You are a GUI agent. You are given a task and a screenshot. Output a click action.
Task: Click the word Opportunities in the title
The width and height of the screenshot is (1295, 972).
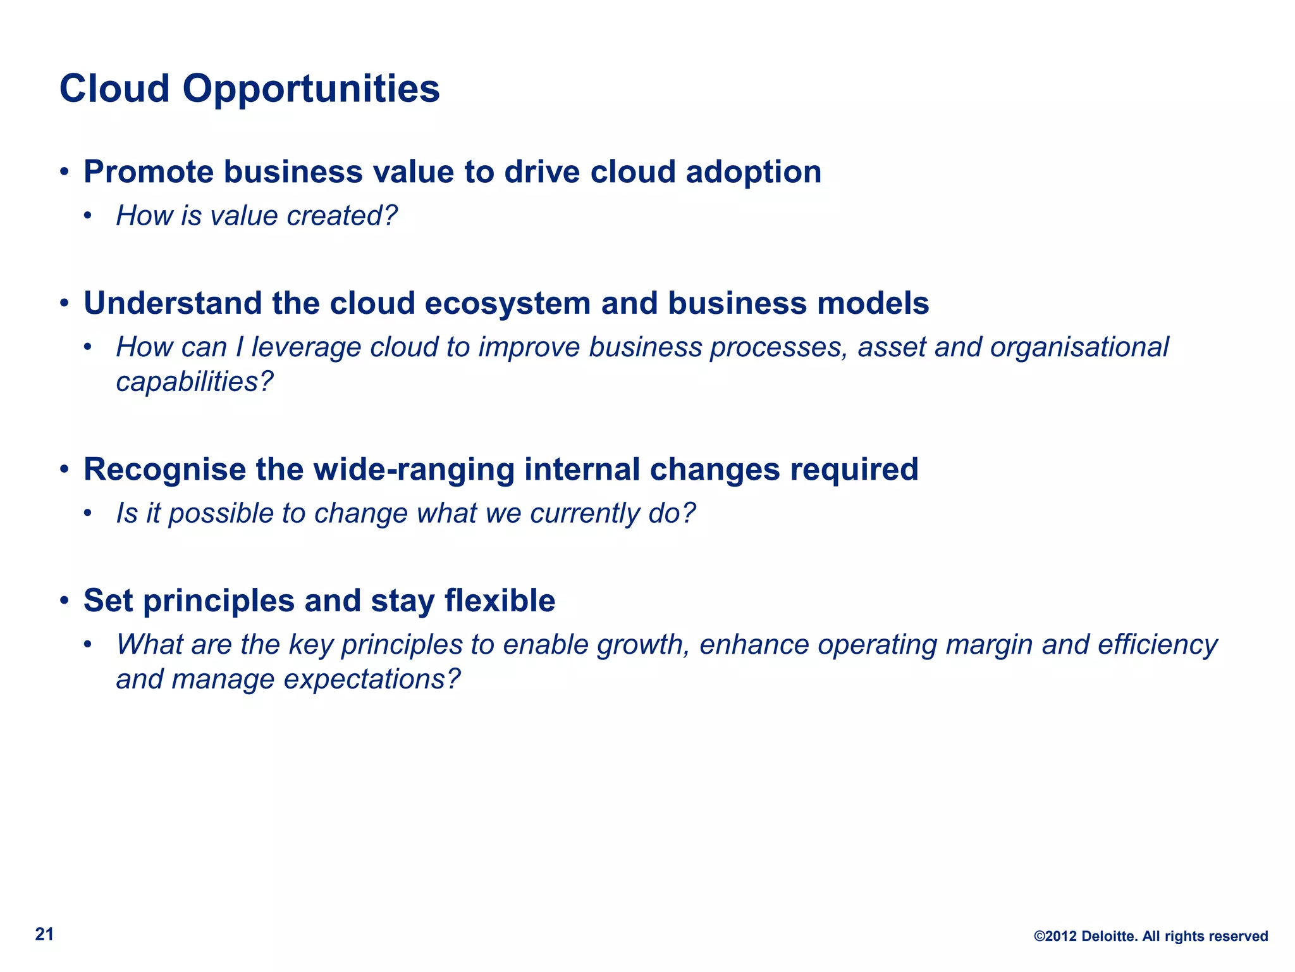click(x=310, y=89)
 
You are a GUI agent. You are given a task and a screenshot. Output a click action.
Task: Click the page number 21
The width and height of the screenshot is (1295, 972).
click(x=44, y=935)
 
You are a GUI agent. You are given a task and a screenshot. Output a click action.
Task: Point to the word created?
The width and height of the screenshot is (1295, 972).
click(x=342, y=216)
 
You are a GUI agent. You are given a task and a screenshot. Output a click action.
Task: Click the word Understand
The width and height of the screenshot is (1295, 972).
click(x=173, y=303)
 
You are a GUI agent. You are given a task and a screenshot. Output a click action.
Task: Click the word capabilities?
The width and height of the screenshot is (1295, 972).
click(x=195, y=382)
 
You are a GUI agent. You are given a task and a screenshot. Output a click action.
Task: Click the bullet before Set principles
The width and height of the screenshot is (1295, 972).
click(x=64, y=601)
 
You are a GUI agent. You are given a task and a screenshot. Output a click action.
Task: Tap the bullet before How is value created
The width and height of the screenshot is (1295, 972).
click(x=88, y=216)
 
